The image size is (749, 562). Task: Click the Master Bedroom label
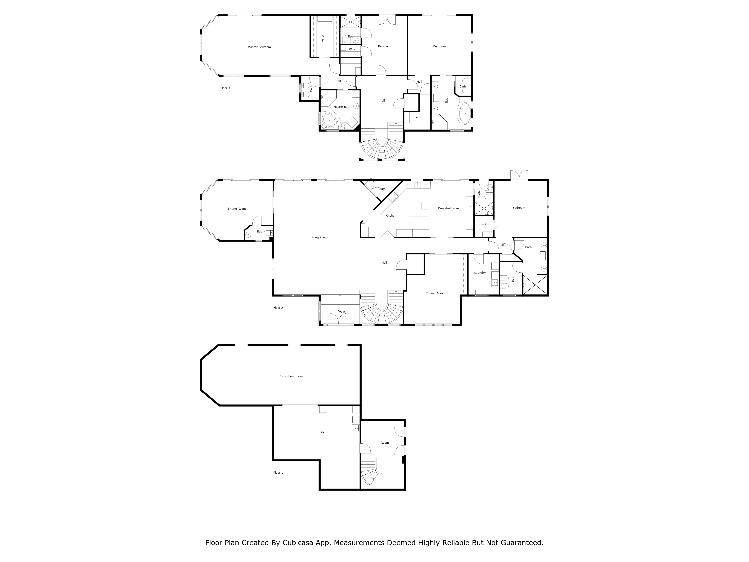pos(259,47)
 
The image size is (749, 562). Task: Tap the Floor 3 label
pos(225,88)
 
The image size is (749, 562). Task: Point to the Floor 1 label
pos(278,473)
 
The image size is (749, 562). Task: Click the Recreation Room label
pos(291,376)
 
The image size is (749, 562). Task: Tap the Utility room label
pos(320,432)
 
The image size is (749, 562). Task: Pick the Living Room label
pos(319,238)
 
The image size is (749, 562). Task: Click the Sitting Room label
pos(237,209)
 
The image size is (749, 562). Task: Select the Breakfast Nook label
pos(449,208)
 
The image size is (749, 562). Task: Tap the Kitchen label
pos(391,215)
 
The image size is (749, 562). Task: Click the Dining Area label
pos(434,293)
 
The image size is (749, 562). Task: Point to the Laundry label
pos(480,273)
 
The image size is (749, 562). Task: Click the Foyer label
pos(341,312)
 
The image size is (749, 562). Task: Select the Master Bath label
pos(342,107)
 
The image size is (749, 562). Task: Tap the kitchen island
pos(419,209)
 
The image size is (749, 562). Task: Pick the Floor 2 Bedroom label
pos(519,208)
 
